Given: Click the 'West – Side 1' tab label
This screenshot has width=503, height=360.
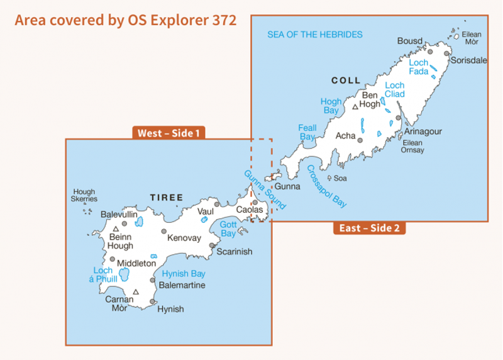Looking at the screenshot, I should pyautogui.click(x=169, y=133).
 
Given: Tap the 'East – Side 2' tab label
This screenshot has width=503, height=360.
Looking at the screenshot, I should pyautogui.click(x=369, y=228).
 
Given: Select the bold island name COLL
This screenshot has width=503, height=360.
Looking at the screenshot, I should pyautogui.click(x=346, y=81).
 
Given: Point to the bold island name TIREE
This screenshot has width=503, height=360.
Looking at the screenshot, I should pyautogui.click(x=167, y=198).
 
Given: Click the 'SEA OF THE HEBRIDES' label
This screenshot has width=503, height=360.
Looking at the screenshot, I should pyautogui.click(x=315, y=35).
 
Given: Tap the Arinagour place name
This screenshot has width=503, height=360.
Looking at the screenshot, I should pyautogui.click(x=423, y=132).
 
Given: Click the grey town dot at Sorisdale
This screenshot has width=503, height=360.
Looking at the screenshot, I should pyautogui.click(x=446, y=53).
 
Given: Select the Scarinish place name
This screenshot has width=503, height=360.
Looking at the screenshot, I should pyautogui.click(x=234, y=252).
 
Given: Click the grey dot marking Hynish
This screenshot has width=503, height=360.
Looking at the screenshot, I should pyautogui.click(x=153, y=303).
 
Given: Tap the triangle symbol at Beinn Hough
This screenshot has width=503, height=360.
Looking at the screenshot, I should pyautogui.click(x=116, y=229).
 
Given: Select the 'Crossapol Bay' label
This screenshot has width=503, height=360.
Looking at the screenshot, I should pyautogui.click(x=326, y=186).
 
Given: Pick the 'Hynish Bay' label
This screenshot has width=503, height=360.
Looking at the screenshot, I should pyautogui.click(x=184, y=274).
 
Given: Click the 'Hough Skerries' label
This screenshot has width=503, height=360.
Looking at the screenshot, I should pyautogui.click(x=84, y=196).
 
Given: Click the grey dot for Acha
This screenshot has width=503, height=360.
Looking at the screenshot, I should pyautogui.click(x=360, y=140).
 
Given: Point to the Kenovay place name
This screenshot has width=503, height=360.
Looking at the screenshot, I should pyautogui.click(x=185, y=238).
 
